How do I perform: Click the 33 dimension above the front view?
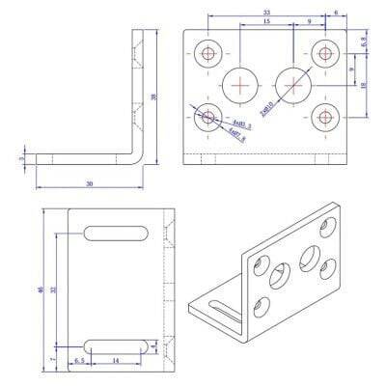coord(238,12)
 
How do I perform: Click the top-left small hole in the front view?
coord(207,53)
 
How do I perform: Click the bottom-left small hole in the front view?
coord(207,119)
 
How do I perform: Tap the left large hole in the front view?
coord(238,85)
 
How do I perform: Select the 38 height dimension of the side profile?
coord(154,96)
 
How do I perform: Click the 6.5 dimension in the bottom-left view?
coord(81,360)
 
